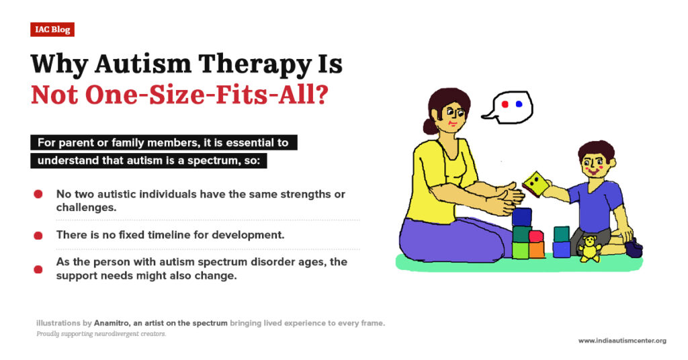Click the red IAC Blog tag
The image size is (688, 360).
(52, 30)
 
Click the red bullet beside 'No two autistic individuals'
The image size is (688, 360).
(38, 194)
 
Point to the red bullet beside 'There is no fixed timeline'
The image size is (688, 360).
(38, 235)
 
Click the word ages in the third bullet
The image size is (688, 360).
(306, 262)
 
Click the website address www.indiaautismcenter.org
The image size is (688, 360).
(621, 341)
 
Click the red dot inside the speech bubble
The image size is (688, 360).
(505, 105)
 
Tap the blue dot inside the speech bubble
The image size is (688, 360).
(519, 105)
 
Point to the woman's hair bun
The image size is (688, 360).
(429, 126)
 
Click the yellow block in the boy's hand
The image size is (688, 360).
(534, 181)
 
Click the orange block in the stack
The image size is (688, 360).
(536, 250)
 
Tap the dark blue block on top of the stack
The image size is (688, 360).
(521, 217)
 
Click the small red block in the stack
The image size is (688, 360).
(535, 236)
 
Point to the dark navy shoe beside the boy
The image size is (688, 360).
(633, 249)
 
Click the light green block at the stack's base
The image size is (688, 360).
(520, 251)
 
